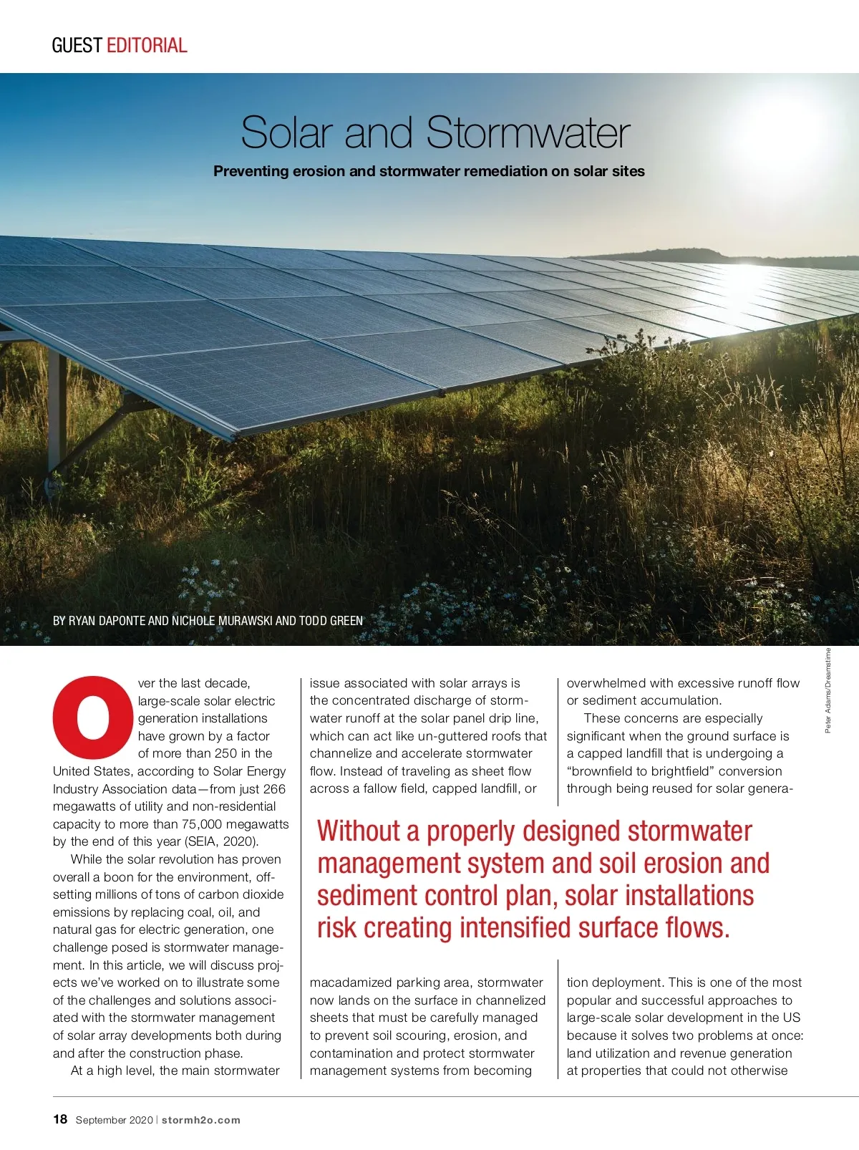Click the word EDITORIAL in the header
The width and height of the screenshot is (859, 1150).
coord(147,45)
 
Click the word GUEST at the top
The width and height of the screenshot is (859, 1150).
coord(77,45)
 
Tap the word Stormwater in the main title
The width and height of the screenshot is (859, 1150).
coord(528,132)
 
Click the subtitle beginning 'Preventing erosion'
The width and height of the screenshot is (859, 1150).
coord(429,171)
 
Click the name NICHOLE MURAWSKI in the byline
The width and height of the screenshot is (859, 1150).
coord(222,621)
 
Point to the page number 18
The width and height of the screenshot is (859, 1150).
coord(60,1119)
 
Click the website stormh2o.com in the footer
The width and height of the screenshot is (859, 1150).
coord(201,1120)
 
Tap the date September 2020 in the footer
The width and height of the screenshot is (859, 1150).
coord(114,1120)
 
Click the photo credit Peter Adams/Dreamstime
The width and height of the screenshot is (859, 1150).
coord(828,690)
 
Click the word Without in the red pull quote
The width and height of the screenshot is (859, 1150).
coord(358,831)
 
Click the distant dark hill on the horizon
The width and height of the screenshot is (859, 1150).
coord(687,255)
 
